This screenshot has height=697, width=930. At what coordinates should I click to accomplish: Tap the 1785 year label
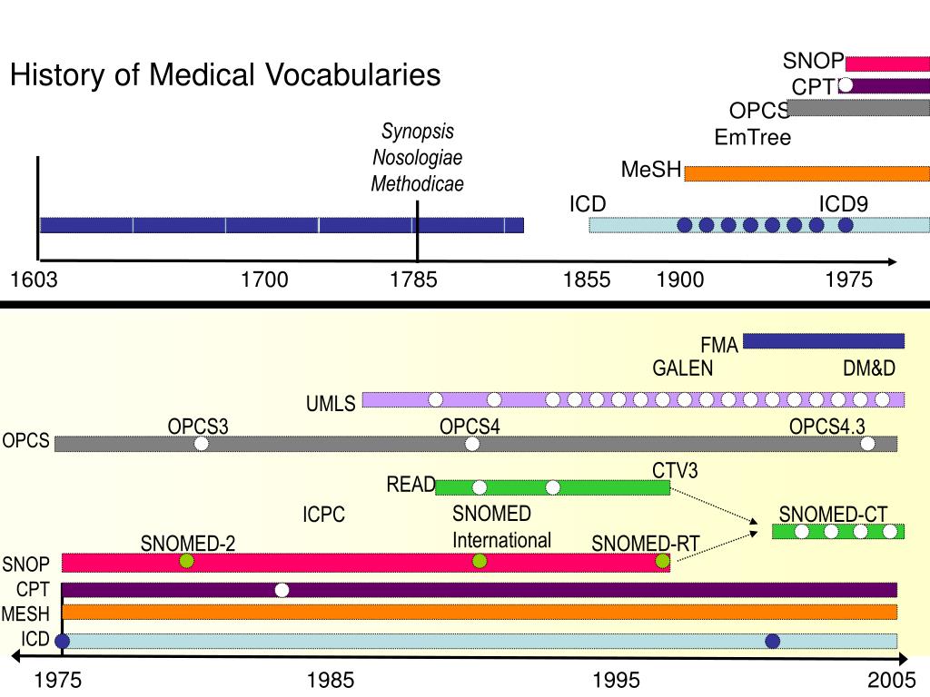413,280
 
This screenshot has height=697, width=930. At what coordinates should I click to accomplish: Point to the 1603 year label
34,280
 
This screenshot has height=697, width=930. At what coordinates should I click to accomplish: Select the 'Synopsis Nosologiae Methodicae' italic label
418,157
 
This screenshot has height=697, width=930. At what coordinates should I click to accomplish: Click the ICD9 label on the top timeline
844,204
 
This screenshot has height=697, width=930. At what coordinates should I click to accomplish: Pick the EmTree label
753,138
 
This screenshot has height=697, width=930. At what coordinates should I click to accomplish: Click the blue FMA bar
824,341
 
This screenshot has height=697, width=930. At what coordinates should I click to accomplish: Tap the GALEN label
683,368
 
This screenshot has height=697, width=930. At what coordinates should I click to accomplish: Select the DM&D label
869,368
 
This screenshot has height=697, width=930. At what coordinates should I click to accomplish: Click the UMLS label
331,404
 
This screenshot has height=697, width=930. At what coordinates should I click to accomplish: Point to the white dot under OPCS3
201,443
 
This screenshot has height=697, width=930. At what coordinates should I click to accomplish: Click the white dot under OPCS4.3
867,443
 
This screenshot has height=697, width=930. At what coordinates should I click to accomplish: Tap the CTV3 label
675,471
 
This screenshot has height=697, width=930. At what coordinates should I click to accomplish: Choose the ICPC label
324,514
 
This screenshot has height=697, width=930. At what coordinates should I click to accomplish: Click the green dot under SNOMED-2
187,561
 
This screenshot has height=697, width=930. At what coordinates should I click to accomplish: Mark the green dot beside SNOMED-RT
662,561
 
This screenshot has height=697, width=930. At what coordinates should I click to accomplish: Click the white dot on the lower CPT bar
282,590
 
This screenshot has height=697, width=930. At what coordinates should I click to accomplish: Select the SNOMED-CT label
834,515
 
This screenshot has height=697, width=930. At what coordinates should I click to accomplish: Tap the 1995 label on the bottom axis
617,680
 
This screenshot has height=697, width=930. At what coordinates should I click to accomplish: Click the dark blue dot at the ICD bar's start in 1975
62,641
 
